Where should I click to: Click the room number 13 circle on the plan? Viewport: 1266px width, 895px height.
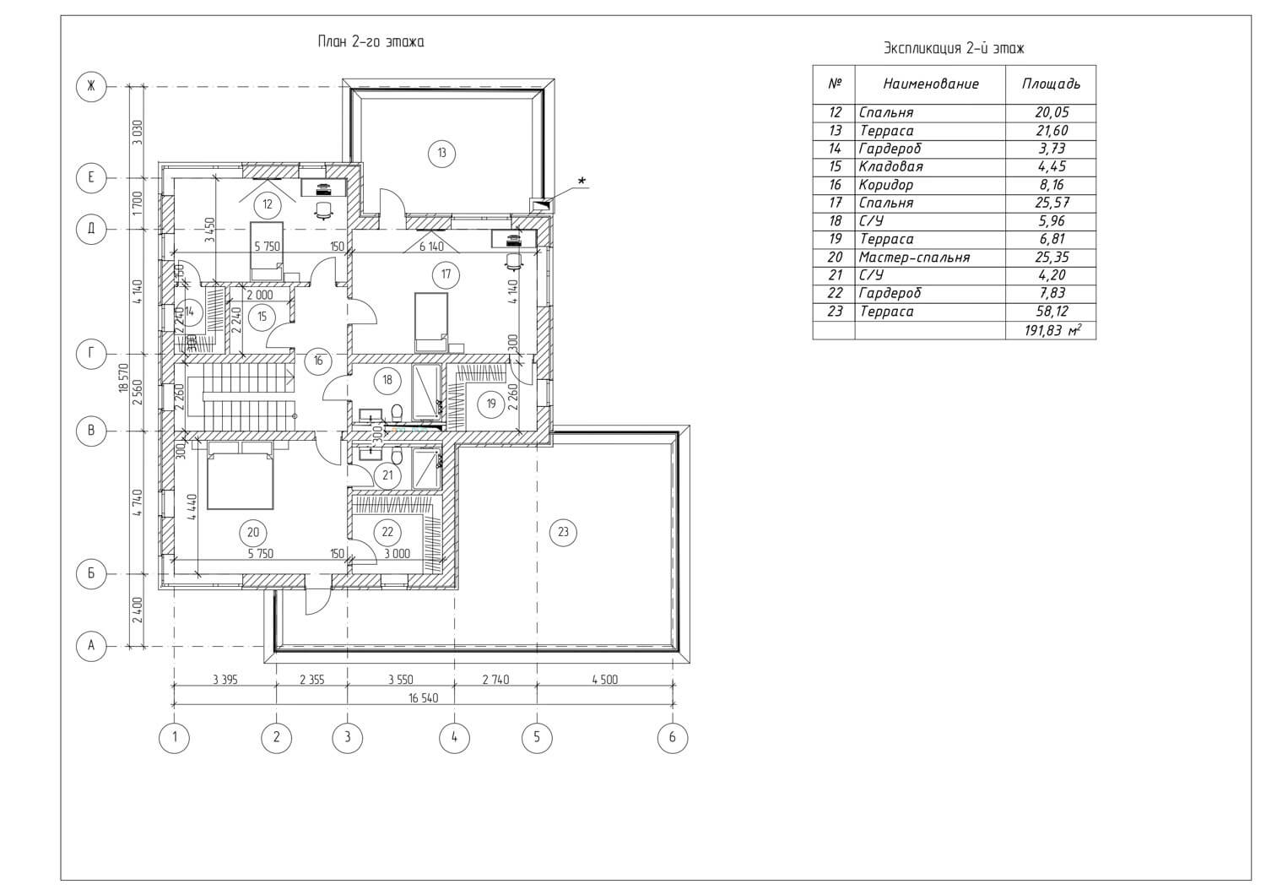[x=441, y=153]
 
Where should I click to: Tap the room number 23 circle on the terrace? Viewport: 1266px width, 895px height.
[x=564, y=532]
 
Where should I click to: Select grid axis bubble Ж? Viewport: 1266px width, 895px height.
[x=90, y=85]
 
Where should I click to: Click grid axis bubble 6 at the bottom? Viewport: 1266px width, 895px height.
[x=672, y=737]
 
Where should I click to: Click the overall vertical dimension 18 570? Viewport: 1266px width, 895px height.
[x=123, y=377]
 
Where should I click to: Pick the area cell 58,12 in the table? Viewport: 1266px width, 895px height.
[x=1050, y=312]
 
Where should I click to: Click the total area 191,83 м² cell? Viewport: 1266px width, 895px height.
[x=1052, y=330]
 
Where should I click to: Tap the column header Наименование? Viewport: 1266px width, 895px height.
[x=930, y=84]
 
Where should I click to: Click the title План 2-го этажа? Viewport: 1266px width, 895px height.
[x=371, y=41]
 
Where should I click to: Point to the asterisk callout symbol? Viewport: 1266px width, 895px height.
[x=581, y=180]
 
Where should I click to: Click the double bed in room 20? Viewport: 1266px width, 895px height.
[x=241, y=480]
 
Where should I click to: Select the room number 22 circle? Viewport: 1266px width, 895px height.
[x=387, y=532]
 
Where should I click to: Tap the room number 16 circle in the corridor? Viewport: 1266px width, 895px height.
[x=318, y=361]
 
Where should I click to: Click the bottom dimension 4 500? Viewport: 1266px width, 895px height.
[x=604, y=679]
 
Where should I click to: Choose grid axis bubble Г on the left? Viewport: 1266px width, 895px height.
[x=90, y=354]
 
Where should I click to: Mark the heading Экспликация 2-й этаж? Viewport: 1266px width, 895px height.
[x=954, y=48]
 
